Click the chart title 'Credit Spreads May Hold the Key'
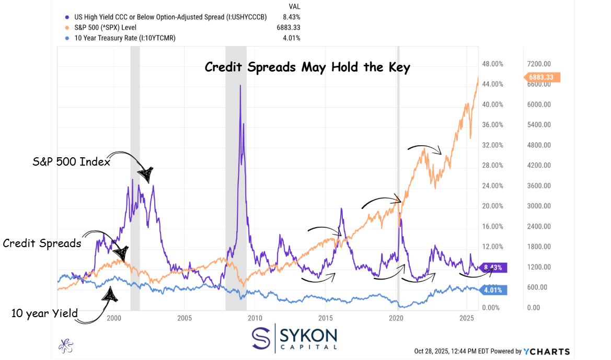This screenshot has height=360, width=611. click(307, 67)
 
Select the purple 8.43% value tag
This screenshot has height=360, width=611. click(492, 268)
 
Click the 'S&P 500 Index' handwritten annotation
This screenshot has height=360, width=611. click(72, 162)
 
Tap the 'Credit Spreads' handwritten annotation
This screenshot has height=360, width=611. click(42, 243)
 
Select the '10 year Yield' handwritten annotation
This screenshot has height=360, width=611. click(44, 313)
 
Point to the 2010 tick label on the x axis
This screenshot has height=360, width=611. click(255, 318)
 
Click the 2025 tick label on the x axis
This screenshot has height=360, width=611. click(467, 318)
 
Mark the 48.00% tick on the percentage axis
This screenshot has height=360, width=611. click(492, 64)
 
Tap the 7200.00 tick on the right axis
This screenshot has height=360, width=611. click(539, 64)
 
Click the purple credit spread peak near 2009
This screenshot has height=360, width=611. click(240, 86)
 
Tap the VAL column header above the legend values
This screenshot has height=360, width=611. click(294, 6)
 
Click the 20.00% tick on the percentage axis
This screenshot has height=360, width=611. click(492, 206)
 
